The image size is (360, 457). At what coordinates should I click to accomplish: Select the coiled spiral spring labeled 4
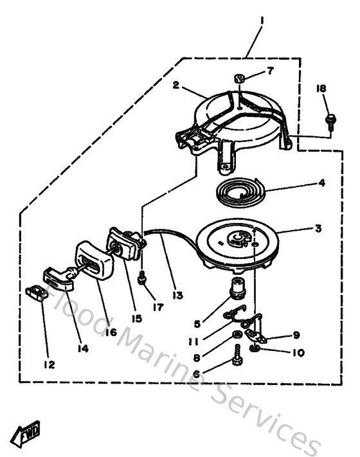[237, 191]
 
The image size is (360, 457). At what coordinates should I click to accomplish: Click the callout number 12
[50, 364]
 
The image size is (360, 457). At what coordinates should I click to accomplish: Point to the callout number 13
[177, 295]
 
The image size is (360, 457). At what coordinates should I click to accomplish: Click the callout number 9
[296, 335]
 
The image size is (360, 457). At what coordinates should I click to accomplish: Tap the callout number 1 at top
[262, 20]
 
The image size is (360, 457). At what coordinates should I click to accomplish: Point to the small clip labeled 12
[35, 293]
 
